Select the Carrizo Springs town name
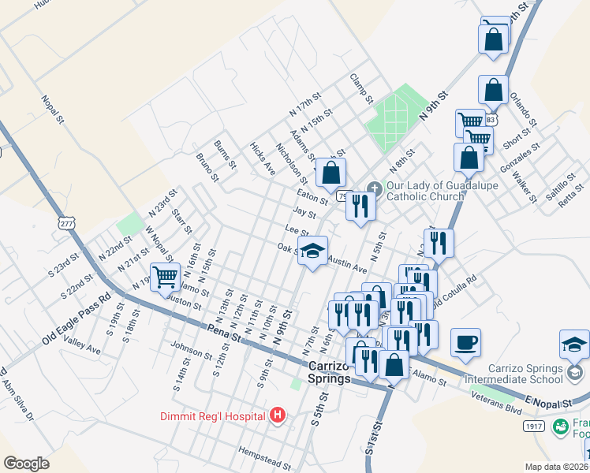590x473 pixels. click(x=329, y=372)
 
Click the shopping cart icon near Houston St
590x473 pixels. click(x=166, y=277)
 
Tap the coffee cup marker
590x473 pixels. click(x=465, y=342)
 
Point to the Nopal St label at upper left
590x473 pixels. click(x=53, y=111)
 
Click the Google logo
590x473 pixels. click(x=27, y=464)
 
